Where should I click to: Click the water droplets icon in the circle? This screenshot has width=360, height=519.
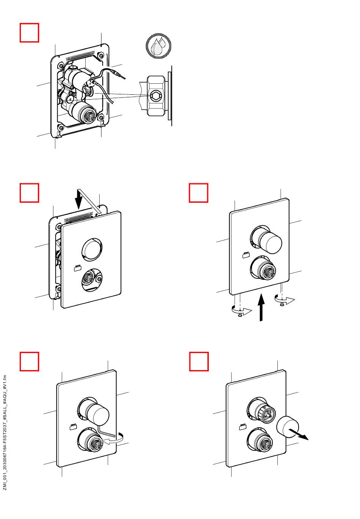(158, 47)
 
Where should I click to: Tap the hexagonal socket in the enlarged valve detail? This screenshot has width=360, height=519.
(155, 95)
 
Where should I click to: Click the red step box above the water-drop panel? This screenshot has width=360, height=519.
(29, 33)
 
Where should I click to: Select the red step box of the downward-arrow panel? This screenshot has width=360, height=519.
(29, 193)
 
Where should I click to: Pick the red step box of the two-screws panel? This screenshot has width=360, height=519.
(199, 193)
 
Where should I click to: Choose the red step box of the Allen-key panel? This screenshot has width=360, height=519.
(29, 361)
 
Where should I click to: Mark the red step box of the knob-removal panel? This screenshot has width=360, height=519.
(199, 361)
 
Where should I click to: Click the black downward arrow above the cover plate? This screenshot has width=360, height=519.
(78, 199)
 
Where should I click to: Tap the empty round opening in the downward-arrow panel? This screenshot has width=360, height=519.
(91, 250)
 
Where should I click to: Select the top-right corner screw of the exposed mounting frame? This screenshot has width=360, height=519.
(101, 56)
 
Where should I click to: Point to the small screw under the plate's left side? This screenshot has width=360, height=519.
(240, 314)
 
